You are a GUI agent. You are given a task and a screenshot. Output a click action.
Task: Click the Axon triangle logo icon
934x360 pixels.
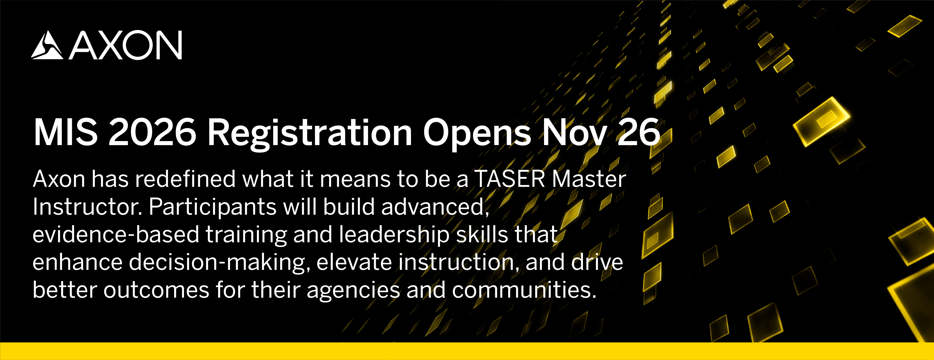(x=47, y=45)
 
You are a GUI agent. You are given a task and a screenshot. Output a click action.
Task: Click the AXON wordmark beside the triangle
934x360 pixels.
(x=125, y=45)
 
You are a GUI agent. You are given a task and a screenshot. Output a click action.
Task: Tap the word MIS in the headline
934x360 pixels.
(x=66, y=132)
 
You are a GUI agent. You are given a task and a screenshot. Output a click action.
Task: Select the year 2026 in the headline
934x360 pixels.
(x=152, y=132)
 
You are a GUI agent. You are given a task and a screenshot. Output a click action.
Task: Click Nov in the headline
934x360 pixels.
(x=575, y=132)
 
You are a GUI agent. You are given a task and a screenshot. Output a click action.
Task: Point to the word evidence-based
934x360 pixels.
(x=116, y=234)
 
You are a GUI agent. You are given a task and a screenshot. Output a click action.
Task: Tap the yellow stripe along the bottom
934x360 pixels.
(x=467, y=351)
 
